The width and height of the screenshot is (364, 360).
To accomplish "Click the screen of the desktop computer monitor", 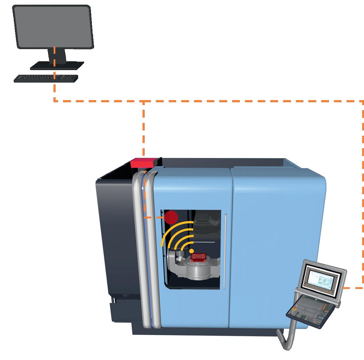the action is point(53,27).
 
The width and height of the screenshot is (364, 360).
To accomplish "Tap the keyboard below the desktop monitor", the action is point(46,78).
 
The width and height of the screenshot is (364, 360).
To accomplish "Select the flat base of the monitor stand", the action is point(57,65).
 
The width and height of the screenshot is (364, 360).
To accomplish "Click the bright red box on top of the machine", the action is point(143,163).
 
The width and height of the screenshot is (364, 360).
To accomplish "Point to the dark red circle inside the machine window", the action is point(171,217).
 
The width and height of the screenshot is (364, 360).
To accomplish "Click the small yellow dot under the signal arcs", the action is point(192,251).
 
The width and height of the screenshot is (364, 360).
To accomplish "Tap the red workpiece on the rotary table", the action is point(198,257).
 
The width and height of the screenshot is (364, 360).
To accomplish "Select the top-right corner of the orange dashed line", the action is point(362,101).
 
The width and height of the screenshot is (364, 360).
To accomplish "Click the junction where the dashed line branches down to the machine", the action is point(143,101).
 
